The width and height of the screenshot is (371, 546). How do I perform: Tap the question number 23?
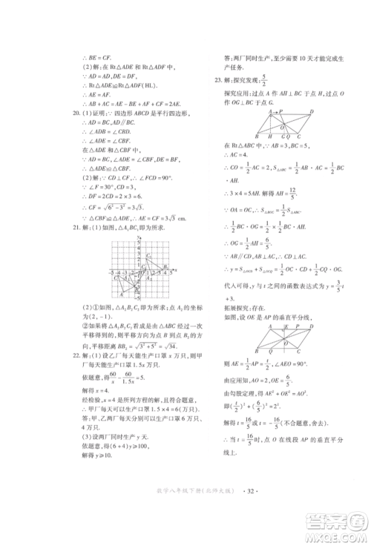coord(217,79)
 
